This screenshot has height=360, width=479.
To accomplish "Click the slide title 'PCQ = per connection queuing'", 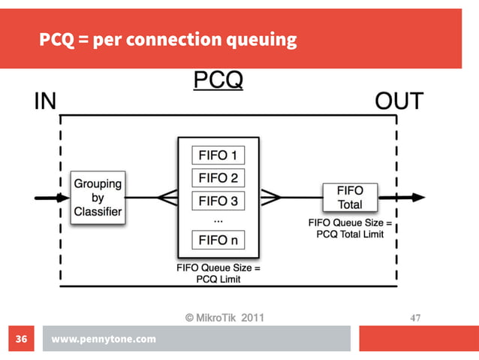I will click(x=168, y=40).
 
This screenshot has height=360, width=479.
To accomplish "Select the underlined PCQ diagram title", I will click(x=218, y=80).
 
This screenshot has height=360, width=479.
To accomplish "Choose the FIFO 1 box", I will click(x=218, y=156).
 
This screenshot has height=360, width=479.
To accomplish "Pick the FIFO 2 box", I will click(x=218, y=179).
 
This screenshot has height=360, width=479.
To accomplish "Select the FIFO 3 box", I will click(x=218, y=201).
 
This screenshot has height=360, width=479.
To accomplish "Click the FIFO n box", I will click(x=218, y=241).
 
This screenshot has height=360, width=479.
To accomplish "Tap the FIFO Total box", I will click(x=350, y=198).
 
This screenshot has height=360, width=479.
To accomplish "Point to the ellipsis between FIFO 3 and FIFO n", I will click(x=218, y=220).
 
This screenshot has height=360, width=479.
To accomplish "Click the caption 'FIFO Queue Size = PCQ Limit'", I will click(x=218, y=273).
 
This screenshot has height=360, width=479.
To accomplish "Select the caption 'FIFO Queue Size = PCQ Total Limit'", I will click(x=350, y=228).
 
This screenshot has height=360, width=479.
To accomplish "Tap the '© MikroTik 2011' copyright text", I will click(x=224, y=318).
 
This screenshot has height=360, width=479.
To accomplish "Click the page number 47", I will click(x=414, y=319).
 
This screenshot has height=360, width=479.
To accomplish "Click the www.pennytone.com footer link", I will click(x=104, y=339).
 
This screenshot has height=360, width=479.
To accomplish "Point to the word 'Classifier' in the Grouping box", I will click(x=98, y=211).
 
